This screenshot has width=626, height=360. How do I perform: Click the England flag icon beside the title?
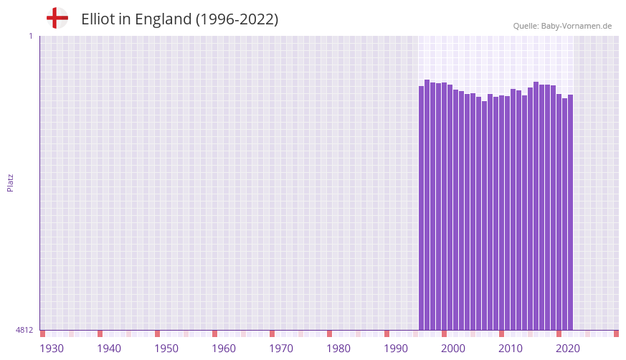tap(57, 18)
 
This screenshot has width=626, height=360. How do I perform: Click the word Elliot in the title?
tap(98, 19)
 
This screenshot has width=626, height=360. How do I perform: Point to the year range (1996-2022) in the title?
tap(237, 19)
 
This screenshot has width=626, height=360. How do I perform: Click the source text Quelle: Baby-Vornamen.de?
tap(561, 26)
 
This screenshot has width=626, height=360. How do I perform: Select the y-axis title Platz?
tap(10, 182)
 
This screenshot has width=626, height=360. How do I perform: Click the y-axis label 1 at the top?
tap(30, 36)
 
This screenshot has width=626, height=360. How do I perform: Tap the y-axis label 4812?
tap(24, 331)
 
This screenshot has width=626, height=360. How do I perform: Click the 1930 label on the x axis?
tap(52, 349)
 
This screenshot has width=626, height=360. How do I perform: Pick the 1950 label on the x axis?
tap(166, 349)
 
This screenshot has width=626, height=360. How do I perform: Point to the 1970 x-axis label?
tap(281, 349)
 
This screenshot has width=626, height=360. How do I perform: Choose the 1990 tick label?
tap(396, 349)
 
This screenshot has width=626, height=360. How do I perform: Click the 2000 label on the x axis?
tap(453, 349)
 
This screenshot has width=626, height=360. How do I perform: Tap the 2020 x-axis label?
tap(568, 349)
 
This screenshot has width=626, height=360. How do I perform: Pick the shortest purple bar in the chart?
tap(485, 215)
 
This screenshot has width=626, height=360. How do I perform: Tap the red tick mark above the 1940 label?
tap(100, 333)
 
